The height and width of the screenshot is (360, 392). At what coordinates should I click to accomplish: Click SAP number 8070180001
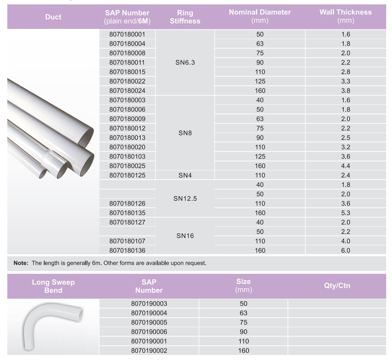tap(127, 34)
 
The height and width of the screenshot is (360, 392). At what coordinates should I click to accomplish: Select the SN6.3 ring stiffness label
tap(185, 62)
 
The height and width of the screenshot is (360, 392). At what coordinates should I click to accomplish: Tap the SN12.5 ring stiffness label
tap(185, 199)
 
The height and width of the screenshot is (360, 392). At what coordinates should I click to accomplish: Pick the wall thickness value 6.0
tap(346, 250)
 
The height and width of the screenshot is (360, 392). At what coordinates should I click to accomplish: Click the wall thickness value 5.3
tap(346, 213)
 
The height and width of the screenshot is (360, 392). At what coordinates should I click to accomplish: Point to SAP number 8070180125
tap(127, 175)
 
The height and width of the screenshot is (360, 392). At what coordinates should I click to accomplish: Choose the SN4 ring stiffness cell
tap(185, 175)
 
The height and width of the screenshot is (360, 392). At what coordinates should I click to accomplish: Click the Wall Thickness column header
tap(346, 16)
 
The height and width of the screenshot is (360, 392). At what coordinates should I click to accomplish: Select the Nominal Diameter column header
tap(260, 16)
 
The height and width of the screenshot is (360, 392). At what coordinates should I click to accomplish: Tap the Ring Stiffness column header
tap(185, 17)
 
